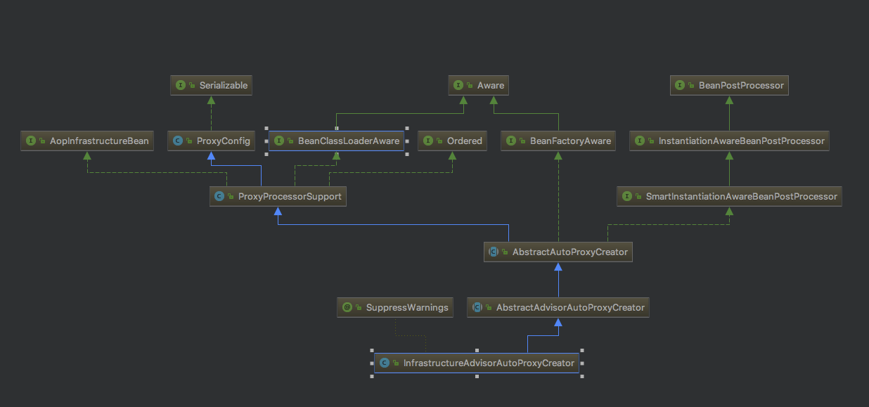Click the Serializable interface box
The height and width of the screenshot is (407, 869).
pos(212,85)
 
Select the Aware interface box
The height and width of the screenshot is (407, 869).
pos(479,85)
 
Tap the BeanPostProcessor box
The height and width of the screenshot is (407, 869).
pos(729,85)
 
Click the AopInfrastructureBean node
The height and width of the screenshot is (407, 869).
pos(86,141)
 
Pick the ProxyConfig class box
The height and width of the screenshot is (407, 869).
pos(212,141)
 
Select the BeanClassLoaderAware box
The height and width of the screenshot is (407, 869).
pos(337,141)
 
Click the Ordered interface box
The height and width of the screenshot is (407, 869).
pos(453,141)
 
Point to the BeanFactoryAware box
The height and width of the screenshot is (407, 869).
pos(558,141)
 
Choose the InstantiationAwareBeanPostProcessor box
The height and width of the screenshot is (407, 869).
pos(729,141)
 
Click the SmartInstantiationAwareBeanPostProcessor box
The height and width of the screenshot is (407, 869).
pos(729,196)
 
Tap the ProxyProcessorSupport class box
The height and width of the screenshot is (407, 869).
pos(278,196)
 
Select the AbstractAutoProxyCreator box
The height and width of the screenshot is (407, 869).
pos(558,252)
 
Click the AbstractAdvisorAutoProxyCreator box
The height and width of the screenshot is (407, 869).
pos(558,307)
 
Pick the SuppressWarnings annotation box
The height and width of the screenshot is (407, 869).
pos(395,307)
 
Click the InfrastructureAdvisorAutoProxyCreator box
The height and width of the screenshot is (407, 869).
pos(477,363)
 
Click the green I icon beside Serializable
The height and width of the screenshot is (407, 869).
pos(181,85)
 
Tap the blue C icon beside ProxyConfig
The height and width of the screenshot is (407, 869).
pos(179,141)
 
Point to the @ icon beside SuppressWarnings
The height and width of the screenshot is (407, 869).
pos(347,307)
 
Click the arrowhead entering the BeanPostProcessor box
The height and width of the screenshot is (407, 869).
pos(729,100)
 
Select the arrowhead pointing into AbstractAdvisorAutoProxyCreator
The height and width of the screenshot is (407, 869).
pos(558,323)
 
